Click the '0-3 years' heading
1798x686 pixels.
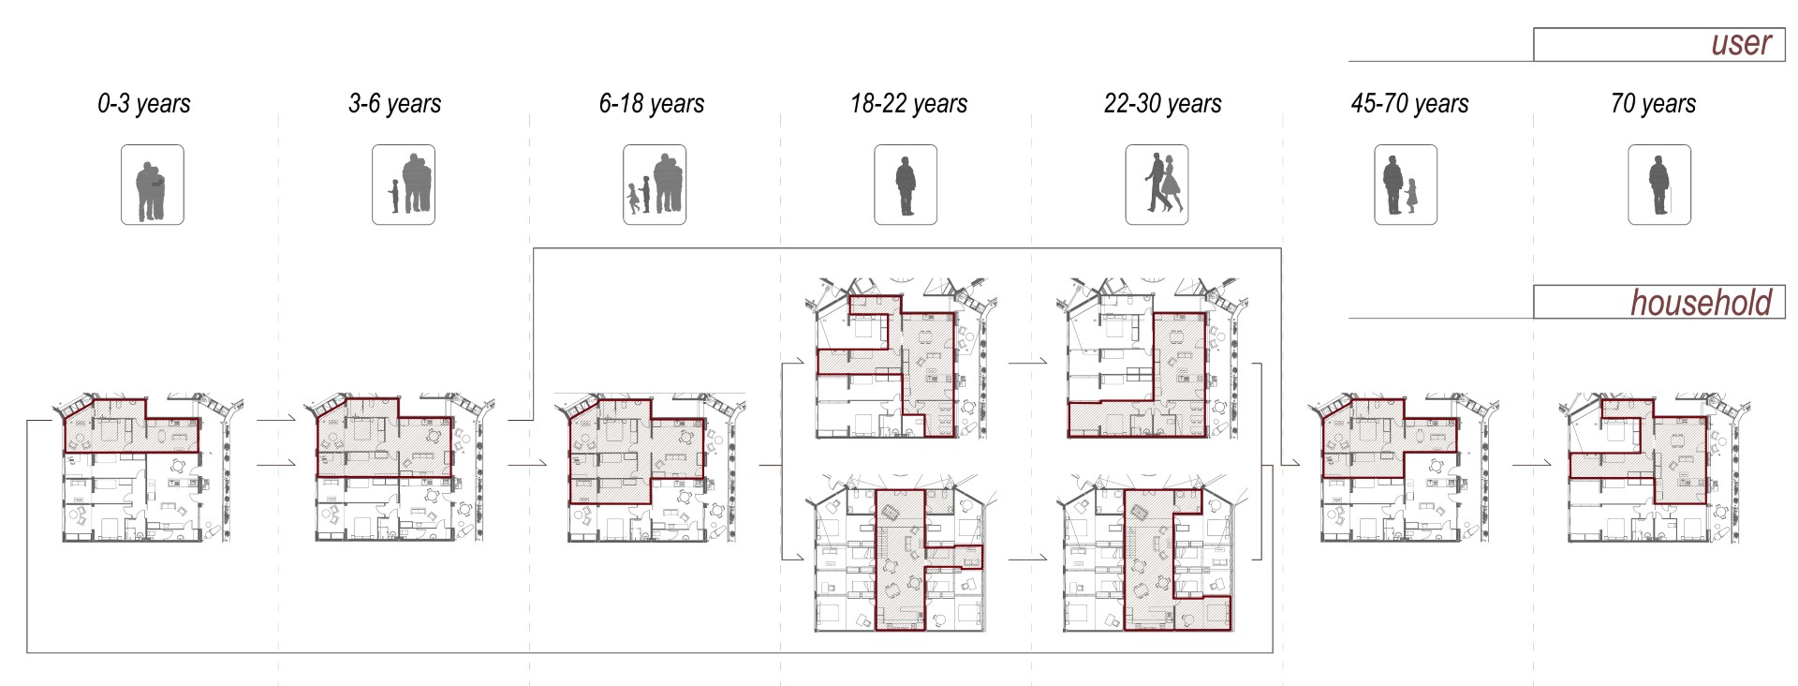[144, 103]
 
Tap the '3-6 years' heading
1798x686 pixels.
[394, 103]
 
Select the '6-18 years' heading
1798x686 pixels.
[652, 103]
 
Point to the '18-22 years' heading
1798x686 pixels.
[908, 103]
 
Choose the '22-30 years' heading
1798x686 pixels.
[1162, 103]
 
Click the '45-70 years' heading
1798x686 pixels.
[1409, 103]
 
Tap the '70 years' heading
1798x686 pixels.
[1653, 103]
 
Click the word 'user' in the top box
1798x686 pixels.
[1741, 43]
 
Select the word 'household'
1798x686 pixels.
[1701, 303]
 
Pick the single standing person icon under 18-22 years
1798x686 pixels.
[906, 185]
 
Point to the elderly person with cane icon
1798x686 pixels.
[1659, 185]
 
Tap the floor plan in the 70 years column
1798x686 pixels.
[1655, 468]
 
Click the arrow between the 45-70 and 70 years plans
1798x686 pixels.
[1531, 464]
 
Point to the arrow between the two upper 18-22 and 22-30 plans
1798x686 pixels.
[1027, 360]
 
